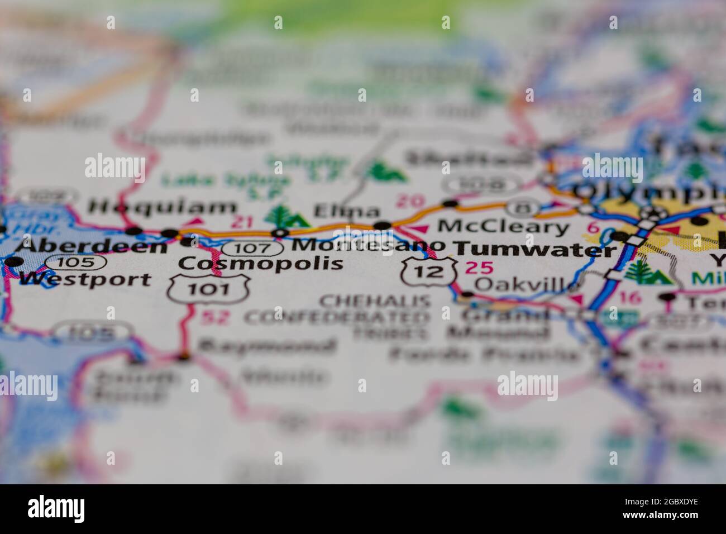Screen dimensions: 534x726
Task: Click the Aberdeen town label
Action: [x=92, y=246]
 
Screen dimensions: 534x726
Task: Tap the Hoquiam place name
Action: [x=163, y=208]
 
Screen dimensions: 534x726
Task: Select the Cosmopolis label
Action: [x=261, y=263]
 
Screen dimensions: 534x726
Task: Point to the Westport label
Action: [x=85, y=279]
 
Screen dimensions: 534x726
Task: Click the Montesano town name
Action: [x=369, y=245]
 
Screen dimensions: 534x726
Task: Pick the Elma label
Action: [x=346, y=212]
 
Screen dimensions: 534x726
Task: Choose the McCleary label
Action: [x=503, y=227]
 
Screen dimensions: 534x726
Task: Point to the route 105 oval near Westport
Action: [x=76, y=261]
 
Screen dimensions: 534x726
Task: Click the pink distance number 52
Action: [x=215, y=317]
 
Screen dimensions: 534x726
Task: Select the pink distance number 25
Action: [x=479, y=268]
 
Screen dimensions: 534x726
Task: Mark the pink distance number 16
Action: [x=630, y=297]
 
